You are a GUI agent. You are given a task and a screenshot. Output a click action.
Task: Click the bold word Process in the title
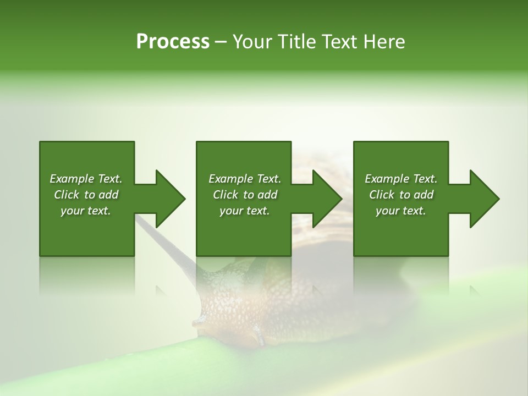pos(173,42)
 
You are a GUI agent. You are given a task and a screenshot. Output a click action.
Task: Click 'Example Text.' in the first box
pos(86,179)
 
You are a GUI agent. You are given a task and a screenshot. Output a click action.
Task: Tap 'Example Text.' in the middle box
pos(245,179)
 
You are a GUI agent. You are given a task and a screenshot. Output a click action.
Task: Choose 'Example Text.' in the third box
pos(401,179)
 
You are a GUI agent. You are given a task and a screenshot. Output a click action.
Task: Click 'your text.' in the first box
pos(86,211)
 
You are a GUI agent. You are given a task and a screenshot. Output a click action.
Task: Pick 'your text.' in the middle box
pos(245,211)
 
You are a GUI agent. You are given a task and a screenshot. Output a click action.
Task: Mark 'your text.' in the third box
pos(401,211)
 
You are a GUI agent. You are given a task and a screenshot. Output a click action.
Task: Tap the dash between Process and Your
pos(221,42)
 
